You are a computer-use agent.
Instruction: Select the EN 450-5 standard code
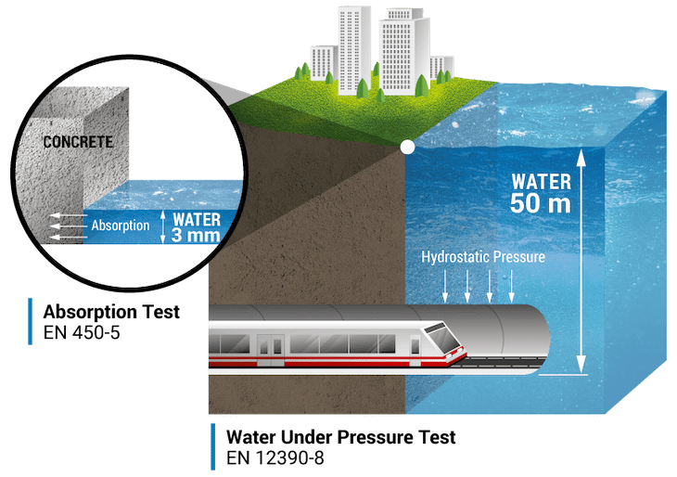(86, 329)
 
